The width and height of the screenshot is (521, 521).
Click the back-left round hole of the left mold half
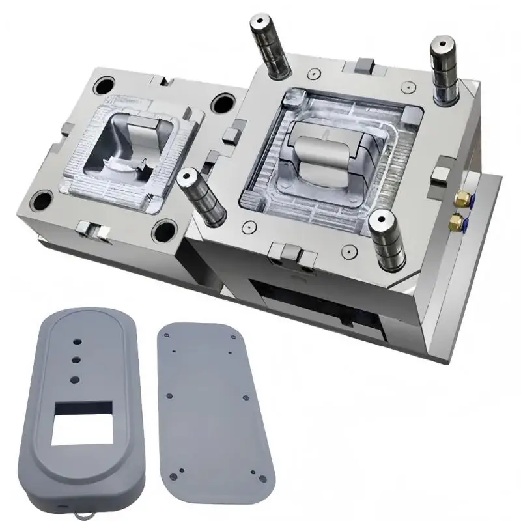coord(104,85)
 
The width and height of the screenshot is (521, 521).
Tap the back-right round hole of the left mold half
coord(223,103)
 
